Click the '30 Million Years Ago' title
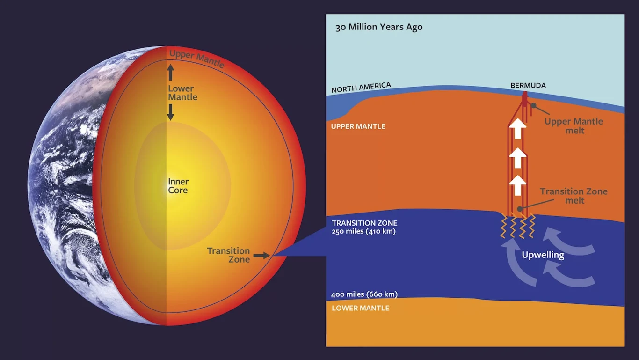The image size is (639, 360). (379, 27)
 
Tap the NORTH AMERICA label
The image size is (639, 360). (361, 88)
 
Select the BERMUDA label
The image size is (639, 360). (528, 85)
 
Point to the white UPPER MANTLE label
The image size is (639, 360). (358, 126)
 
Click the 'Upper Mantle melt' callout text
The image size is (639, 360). (574, 126)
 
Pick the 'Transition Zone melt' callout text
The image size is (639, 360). (574, 196)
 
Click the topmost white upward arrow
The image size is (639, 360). (518, 128)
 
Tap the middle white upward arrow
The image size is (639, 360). (518, 158)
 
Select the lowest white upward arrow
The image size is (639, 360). (518, 185)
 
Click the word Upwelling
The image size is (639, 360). (543, 255)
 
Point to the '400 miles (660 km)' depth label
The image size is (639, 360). (364, 294)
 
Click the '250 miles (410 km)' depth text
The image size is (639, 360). (364, 231)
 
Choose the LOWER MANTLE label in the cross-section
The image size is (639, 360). (361, 308)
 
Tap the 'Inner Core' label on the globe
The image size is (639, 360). (178, 186)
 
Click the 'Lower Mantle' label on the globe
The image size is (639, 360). (182, 93)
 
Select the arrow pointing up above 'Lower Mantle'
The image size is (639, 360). (171, 72)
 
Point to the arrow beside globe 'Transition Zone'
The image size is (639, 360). (261, 256)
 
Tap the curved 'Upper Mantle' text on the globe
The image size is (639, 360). (196, 59)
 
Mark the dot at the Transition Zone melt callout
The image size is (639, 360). (520, 209)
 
